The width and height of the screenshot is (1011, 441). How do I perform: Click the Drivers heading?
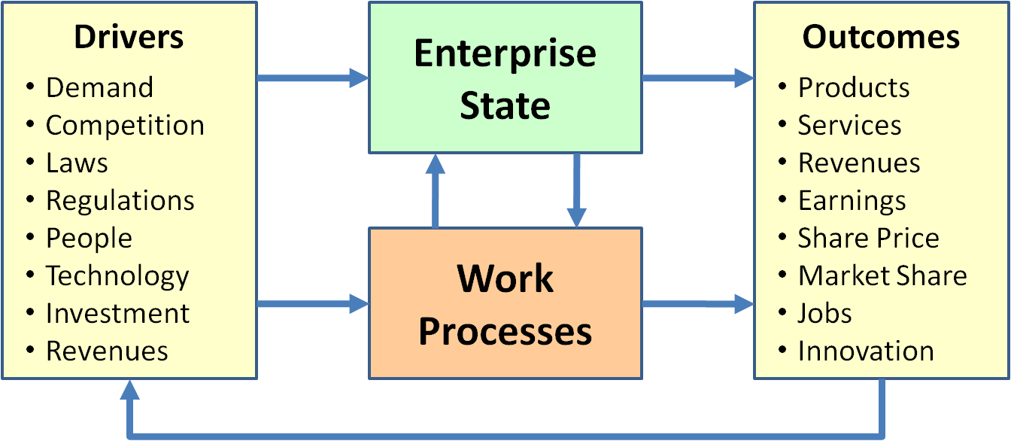click(129, 38)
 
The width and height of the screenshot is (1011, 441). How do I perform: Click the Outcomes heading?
click(881, 38)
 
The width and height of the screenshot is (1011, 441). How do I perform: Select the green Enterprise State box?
click(505, 78)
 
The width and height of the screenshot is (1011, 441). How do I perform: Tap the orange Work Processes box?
click(505, 303)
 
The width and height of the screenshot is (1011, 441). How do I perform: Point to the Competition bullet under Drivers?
click(125, 126)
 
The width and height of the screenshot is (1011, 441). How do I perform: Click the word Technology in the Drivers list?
click(117, 276)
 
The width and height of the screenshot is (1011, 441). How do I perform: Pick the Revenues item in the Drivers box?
click(107, 351)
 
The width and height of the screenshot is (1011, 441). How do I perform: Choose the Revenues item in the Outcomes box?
click(859, 163)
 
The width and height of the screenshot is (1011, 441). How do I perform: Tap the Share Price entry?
click(868, 239)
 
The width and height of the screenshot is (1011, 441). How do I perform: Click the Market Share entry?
click(882, 276)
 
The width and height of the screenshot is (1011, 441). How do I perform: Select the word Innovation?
click(866, 351)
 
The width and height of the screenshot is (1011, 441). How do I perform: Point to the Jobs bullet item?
click(824, 314)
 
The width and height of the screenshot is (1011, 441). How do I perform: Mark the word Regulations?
click(120, 201)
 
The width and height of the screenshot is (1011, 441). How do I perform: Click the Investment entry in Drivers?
click(118, 314)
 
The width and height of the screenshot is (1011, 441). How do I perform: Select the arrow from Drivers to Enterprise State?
click(312, 78)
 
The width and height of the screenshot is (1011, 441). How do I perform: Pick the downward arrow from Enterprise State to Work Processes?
click(576, 190)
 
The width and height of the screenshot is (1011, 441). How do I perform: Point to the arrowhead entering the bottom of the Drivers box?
click(129, 390)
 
